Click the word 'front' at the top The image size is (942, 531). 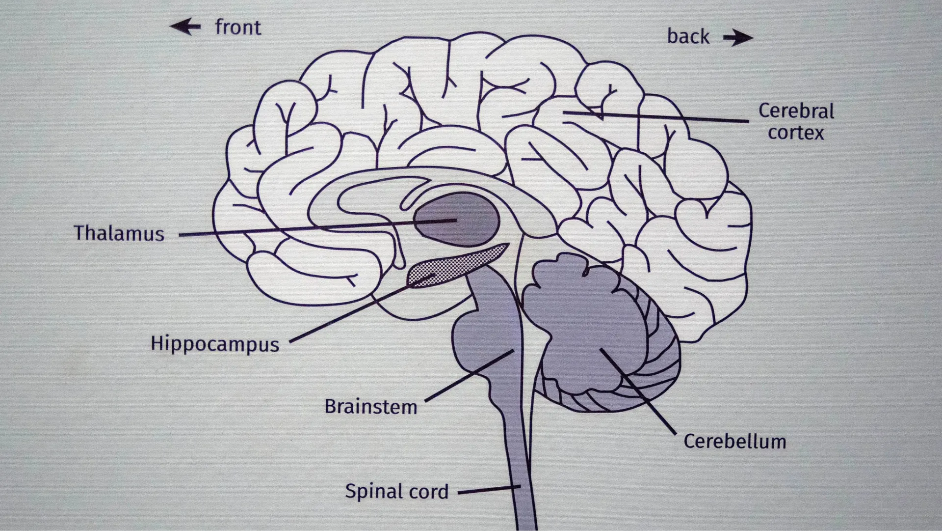pyautogui.click(x=238, y=28)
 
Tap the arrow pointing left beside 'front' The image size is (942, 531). pyautogui.click(x=185, y=27)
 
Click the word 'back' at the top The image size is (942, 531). pyautogui.click(x=688, y=37)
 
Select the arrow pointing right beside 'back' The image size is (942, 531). pyautogui.click(x=738, y=37)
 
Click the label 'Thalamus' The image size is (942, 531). pyautogui.click(x=119, y=233)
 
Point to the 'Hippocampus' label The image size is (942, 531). pyautogui.click(x=214, y=344)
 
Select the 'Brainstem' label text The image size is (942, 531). pyautogui.click(x=370, y=407)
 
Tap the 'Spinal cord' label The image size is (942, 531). pyautogui.click(x=396, y=491)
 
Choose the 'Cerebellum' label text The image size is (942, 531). pyautogui.click(x=734, y=441)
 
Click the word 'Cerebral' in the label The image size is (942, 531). pyautogui.click(x=796, y=111)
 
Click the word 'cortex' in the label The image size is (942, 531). pyautogui.click(x=795, y=133)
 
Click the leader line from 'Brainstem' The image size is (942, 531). pyautogui.click(x=469, y=376)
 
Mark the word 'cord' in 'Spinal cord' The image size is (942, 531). pyautogui.click(x=429, y=492)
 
